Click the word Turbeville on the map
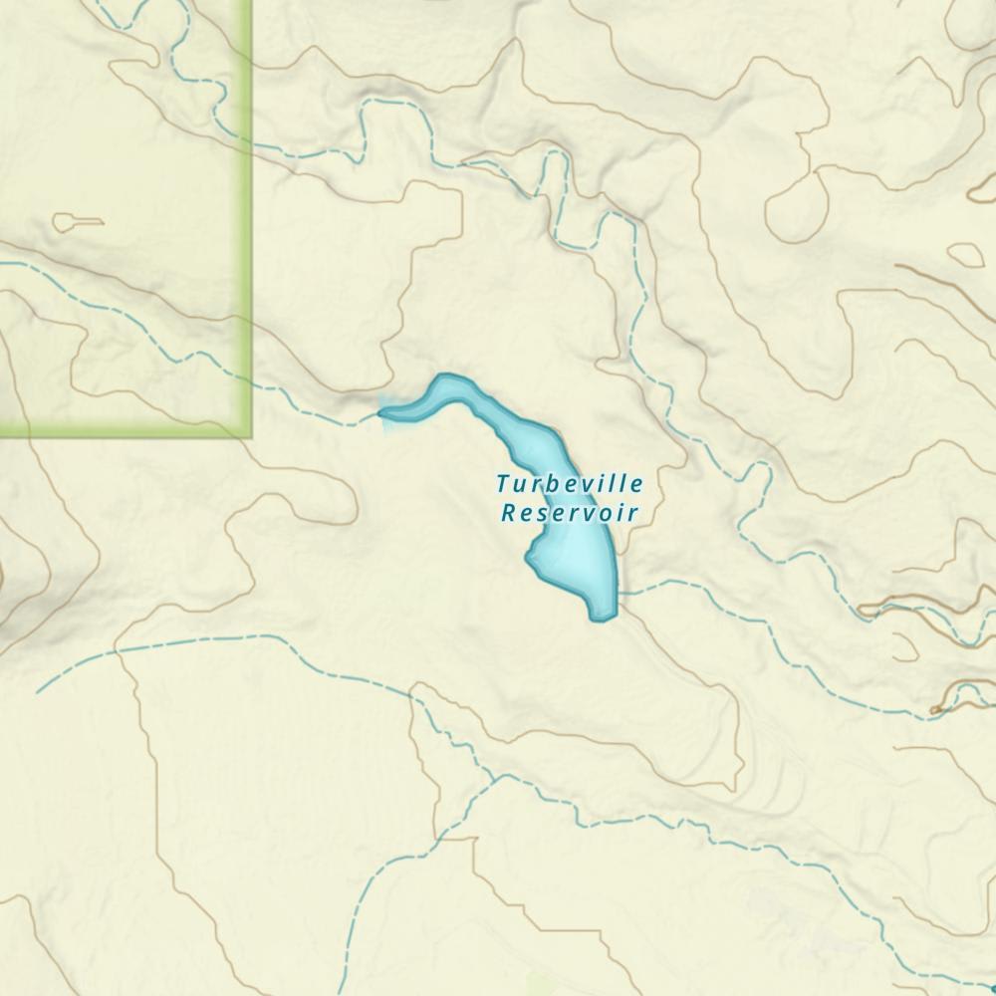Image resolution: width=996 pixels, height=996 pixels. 570,485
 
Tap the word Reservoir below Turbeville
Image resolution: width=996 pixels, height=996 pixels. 570,514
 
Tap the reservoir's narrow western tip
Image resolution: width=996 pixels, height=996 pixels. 384,411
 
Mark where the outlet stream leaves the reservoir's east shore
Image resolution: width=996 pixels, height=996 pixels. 619,593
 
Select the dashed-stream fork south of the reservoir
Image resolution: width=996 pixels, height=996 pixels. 495,778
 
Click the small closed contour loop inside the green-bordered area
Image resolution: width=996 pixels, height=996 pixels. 77,222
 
